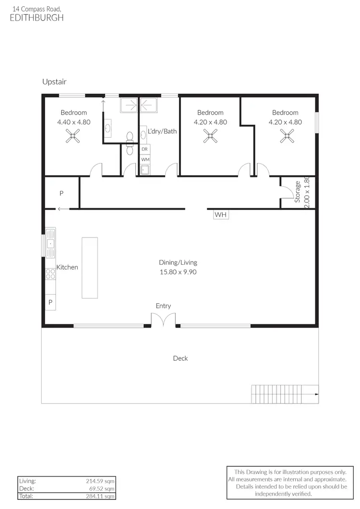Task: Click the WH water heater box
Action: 220,214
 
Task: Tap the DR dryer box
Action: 145,149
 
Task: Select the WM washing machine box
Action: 145,159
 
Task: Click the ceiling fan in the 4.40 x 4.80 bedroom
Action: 73,138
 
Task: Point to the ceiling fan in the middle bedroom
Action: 210,138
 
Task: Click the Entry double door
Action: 163,320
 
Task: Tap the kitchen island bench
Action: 89,267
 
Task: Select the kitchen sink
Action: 50,245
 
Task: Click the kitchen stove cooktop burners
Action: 50,274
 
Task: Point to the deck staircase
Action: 284,394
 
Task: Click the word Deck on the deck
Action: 180,358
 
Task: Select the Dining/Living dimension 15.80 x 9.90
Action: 178,272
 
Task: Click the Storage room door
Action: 287,191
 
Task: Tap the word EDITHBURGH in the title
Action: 36,18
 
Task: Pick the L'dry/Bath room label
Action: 162,131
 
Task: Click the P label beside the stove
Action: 50,303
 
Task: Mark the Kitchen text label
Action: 67,267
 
